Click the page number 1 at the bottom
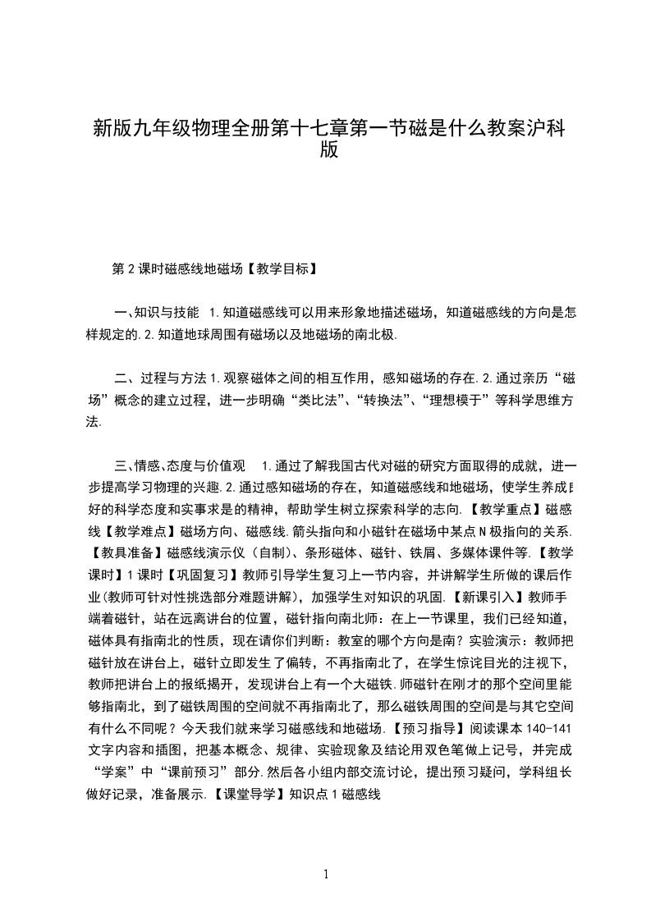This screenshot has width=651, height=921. click(326, 874)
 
